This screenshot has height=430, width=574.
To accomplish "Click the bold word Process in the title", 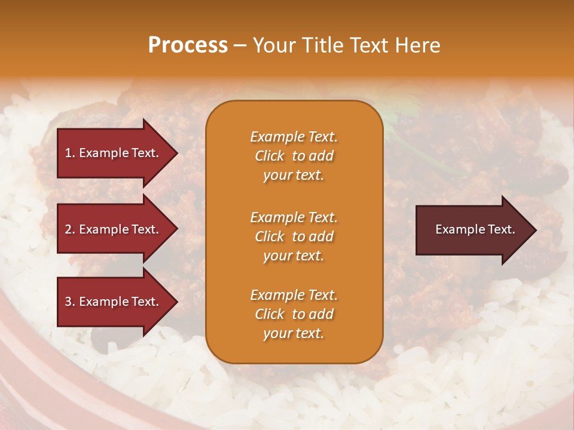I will coord(188,45).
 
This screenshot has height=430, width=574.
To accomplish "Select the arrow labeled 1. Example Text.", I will coord(114,153).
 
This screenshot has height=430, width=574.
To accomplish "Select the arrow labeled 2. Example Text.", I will coord(114,229).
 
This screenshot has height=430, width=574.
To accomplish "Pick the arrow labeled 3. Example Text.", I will coord(114,302).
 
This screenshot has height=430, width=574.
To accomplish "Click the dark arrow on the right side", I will coord(472,230).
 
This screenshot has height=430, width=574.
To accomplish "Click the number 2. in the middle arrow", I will coord(70,229).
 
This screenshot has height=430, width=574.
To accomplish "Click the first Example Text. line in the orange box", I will coord(294,137).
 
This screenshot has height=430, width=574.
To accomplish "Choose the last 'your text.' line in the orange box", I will coord(294,334).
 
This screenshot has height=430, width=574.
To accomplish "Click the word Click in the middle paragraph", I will coord(270,236).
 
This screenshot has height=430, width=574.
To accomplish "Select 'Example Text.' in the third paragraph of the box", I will coord(294,295).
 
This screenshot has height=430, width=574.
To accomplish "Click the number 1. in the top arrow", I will coord(70,153).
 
